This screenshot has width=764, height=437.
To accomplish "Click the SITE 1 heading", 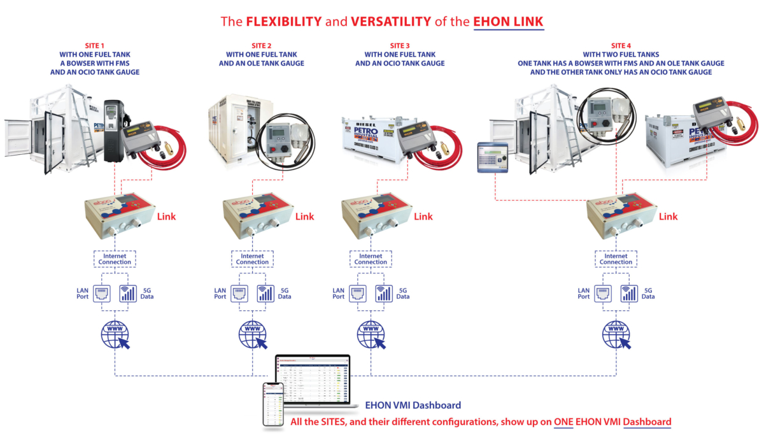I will (x=95, y=45).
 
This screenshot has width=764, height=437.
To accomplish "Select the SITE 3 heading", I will (x=400, y=45).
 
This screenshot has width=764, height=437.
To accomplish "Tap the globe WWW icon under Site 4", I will (x=616, y=333).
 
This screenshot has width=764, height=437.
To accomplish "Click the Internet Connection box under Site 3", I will (x=371, y=259).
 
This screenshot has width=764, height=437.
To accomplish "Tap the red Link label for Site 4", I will (x=668, y=217).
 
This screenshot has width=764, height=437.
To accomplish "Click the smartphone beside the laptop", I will (x=272, y=404).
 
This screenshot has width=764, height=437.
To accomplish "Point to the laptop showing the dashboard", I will (x=313, y=380).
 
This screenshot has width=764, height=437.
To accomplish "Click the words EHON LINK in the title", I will (x=508, y=21).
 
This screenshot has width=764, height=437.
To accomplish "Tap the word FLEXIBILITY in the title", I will (x=285, y=21).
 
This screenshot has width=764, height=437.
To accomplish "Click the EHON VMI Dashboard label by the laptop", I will (x=413, y=405).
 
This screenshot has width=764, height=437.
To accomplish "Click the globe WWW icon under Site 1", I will (x=115, y=333).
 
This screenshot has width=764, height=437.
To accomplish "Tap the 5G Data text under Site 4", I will (x=648, y=293).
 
